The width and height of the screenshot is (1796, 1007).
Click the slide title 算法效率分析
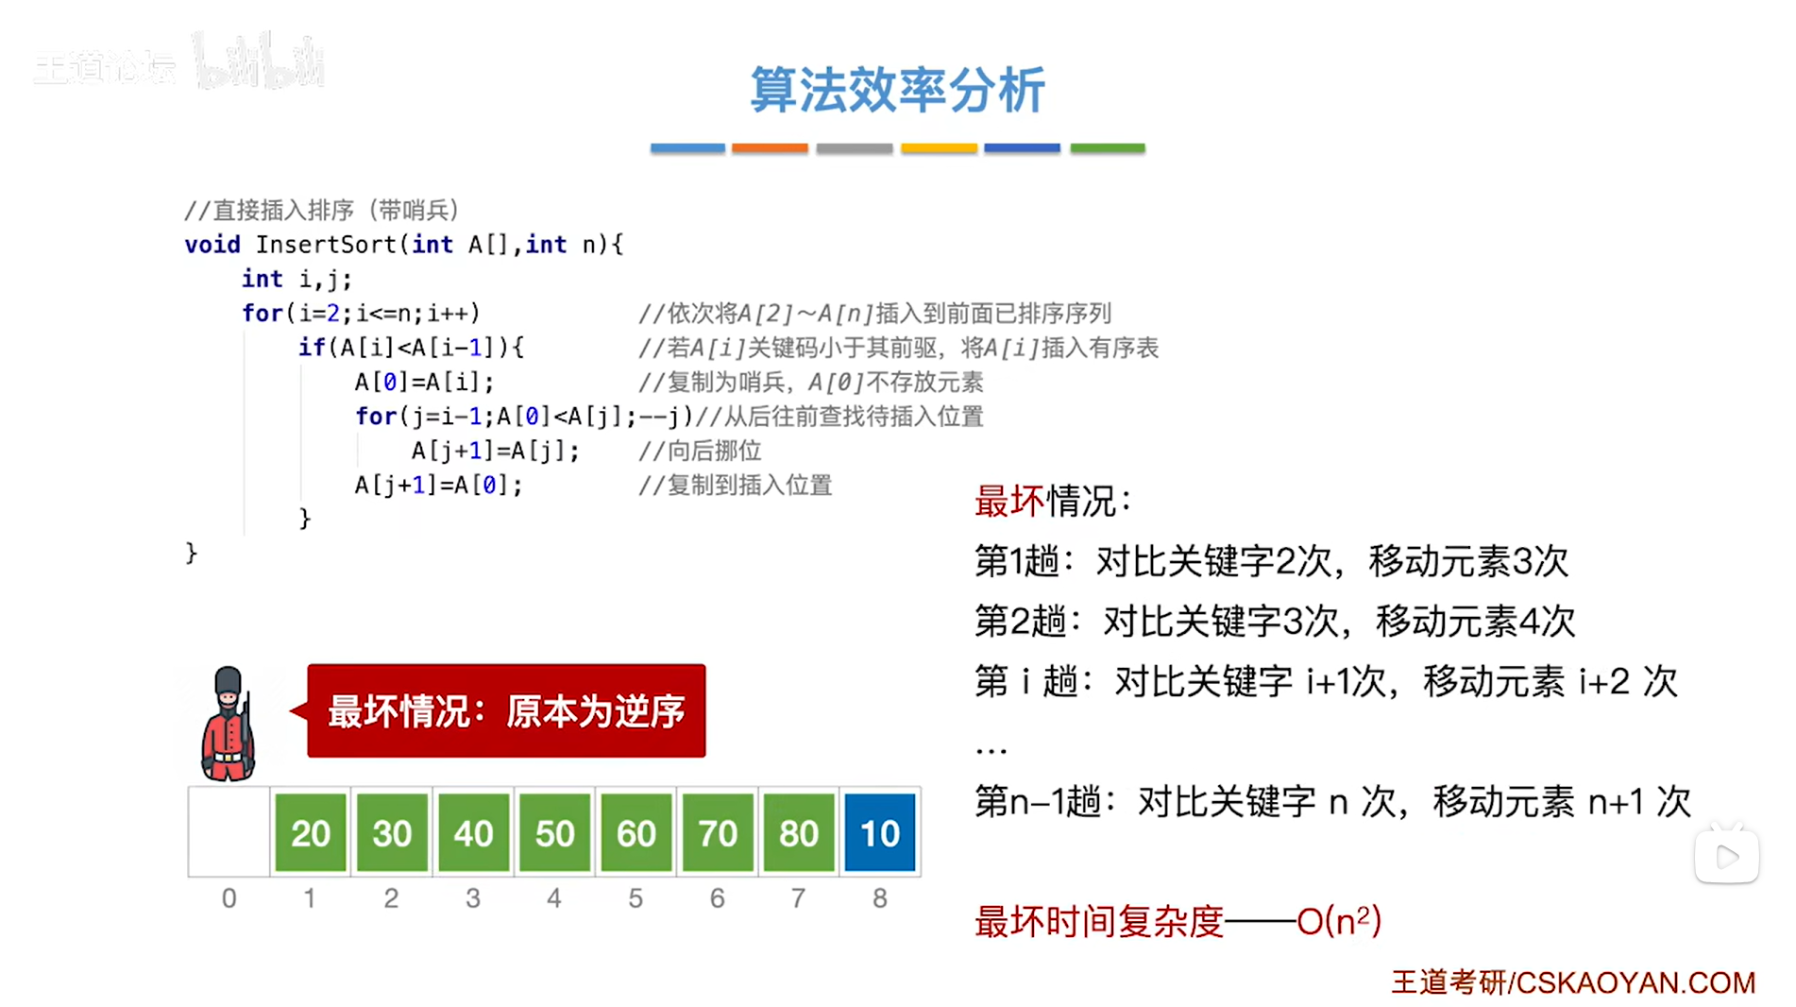pyautogui.click(x=897, y=91)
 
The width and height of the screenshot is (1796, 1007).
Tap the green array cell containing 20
pyautogui.click(x=311, y=832)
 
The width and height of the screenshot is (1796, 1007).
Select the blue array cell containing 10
pyautogui.click(x=879, y=832)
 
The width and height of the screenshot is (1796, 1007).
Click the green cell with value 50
pyautogui.click(x=554, y=832)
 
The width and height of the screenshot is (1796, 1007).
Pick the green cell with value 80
pyautogui.click(x=798, y=832)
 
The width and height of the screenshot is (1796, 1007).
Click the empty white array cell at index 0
pyautogui.click(x=229, y=832)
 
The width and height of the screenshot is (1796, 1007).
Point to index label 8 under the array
pyautogui.click(x=879, y=898)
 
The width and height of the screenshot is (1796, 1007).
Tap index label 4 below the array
pyautogui.click(x=554, y=898)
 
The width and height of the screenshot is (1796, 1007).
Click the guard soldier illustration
pyautogui.click(x=228, y=724)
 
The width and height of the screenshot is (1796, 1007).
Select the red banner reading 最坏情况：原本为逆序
pyautogui.click(x=506, y=711)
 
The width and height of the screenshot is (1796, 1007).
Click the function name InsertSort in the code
pyautogui.click(x=327, y=245)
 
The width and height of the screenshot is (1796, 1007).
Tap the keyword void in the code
pyautogui.click(x=212, y=245)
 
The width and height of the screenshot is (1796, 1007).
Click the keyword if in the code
pyautogui.click(x=312, y=348)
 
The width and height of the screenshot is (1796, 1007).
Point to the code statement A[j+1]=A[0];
pyautogui.click(x=438, y=486)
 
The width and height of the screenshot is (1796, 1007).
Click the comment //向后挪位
pyautogui.click(x=700, y=451)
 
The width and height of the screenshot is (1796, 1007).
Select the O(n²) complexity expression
pyautogui.click(x=1339, y=920)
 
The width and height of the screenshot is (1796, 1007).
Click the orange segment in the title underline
pyautogui.click(x=770, y=148)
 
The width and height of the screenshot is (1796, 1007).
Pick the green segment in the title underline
pyautogui.click(x=1107, y=148)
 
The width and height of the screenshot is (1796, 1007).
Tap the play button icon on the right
pyautogui.click(x=1727, y=857)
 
